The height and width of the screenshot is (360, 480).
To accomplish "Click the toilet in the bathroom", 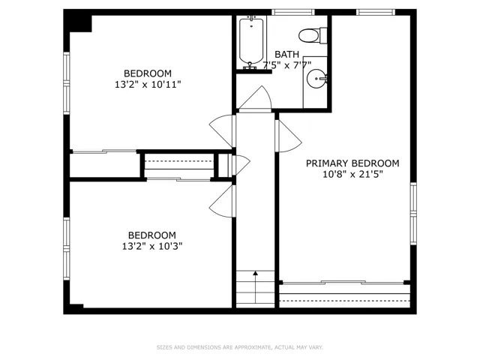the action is [313, 36].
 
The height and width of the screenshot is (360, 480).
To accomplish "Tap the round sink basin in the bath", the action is [316, 79].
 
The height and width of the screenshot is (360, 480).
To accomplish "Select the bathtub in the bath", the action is [251, 41].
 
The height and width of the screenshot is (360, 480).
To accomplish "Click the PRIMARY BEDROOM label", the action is [352, 163].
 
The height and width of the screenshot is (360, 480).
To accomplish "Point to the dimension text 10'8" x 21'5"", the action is [352, 175].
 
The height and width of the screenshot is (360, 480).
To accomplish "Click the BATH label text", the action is [286, 55].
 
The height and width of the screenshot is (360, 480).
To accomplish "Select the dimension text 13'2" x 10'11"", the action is [148, 84].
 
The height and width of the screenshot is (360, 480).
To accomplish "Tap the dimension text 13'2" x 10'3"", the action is [152, 246].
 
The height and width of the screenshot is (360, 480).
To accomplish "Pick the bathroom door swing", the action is [255, 98].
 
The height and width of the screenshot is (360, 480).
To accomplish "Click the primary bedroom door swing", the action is [288, 136].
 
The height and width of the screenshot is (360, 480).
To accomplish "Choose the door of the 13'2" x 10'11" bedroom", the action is [223, 131].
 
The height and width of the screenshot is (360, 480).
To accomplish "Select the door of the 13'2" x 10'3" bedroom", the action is [223, 201].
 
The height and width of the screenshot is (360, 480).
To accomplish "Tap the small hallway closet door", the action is [241, 165].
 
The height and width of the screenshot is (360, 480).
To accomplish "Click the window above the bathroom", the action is [293, 12].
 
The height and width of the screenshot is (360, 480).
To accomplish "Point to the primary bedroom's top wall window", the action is [376, 12].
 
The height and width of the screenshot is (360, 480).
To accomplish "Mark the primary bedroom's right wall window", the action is [413, 214].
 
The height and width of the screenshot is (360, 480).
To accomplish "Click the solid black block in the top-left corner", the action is [78, 21].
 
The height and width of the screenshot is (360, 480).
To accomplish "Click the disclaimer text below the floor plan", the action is [240, 347].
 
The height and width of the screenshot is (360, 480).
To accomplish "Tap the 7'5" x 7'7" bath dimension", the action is [286, 65].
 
